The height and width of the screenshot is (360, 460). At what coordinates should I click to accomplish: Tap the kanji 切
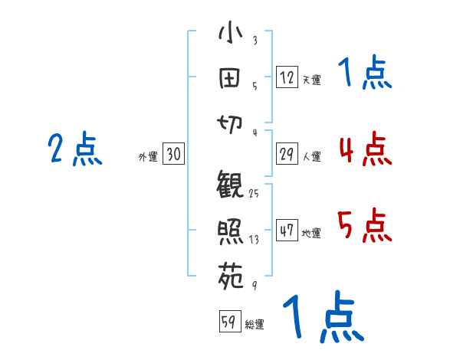pyautogui.click(x=230, y=119)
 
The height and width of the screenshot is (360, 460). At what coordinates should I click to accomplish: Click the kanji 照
pyautogui.click(x=231, y=231)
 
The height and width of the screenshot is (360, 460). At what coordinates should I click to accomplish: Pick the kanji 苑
pyautogui.click(x=231, y=273)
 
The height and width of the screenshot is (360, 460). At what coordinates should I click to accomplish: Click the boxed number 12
pyautogui.click(x=287, y=77)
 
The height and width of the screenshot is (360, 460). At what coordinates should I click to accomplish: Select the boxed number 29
pyautogui.click(x=287, y=154)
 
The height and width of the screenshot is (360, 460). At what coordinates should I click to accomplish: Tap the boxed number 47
pyautogui.click(x=287, y=231)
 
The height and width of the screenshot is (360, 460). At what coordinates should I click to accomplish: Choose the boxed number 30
pyautogui.click(x=173, y=154)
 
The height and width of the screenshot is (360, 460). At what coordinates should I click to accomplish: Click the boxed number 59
pyautogui.click(x=229, y=322)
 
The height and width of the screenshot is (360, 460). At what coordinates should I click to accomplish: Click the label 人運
pyautogui.click(x=311, y=157)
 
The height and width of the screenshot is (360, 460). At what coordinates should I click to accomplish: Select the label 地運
pyautogui.click(x=311, y=234)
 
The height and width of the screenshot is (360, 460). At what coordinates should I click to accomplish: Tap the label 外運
pyautogui.click(x=148, y=157)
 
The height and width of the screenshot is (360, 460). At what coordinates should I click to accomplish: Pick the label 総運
pyautogui.click(x=255, y=325)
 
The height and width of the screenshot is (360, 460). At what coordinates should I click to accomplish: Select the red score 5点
pyautogui.click(x=364, y=225)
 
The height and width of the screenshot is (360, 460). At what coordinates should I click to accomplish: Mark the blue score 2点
pyautogui.click(x=75, y=149)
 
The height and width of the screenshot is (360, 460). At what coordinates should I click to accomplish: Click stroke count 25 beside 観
pyautogui.click(x=254, y=194)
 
